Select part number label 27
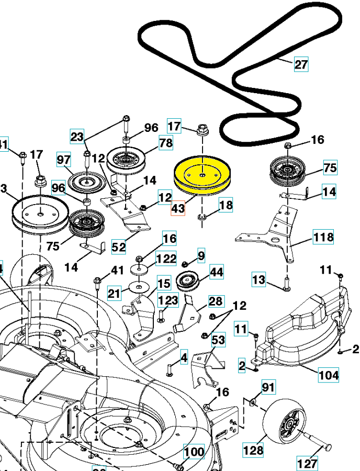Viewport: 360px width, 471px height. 301,64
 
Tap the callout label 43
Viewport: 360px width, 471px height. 178,208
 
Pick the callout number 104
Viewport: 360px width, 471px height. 328,375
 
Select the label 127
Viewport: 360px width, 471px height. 307,463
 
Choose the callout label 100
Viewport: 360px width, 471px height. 194,451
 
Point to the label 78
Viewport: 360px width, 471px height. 166,142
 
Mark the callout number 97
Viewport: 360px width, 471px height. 64,159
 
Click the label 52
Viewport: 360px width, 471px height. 119,246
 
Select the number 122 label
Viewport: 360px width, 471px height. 166,259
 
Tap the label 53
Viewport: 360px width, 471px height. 218,341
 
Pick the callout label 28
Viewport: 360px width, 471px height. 216,301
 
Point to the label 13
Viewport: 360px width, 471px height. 259,280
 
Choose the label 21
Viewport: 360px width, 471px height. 115,294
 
